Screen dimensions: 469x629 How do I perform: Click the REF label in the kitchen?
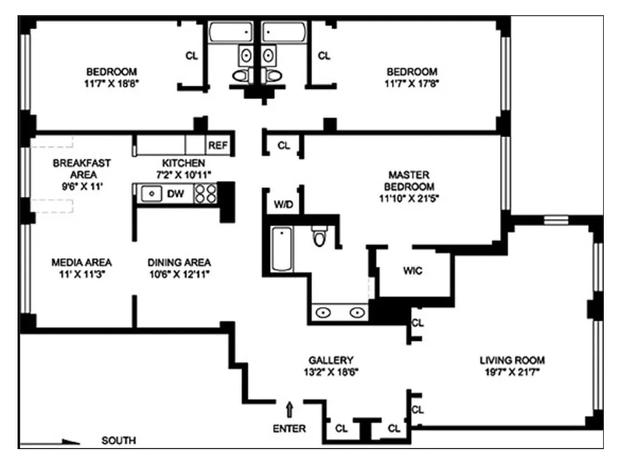point(217,145)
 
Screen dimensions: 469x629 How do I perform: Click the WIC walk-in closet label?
point(412,271)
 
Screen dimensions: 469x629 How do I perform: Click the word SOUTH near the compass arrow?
point(118,440)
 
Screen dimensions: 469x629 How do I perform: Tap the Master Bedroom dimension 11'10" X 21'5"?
point(409,198)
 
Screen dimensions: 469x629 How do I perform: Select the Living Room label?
point(512,360)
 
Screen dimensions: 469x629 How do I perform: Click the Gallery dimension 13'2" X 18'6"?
point(331,372)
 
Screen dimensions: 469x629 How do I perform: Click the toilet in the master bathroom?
point(319,237)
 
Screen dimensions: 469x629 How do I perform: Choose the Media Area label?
point(81,262)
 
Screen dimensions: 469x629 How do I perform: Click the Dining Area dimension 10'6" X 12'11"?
point(179,274)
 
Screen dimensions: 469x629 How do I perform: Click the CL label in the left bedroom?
point(192,56)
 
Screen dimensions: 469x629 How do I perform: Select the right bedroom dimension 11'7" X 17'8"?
point(412,83)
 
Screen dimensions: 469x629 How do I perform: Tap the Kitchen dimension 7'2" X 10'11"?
point(183,174)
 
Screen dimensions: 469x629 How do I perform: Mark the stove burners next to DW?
point(205,193)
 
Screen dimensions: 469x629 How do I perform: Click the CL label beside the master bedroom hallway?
point(284,145)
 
